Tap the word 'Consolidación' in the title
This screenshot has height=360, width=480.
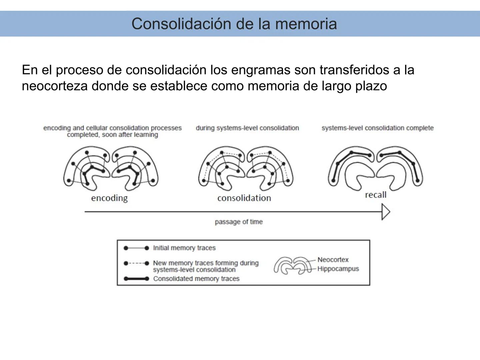coord(181,24)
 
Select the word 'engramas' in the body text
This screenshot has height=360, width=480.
coord(259,70)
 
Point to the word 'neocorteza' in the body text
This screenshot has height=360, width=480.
coord(54,86)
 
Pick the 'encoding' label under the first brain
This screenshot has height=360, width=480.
coord(109,198)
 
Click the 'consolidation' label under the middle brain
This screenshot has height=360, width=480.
coord(244,198)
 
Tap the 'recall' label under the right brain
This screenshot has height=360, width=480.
coord(376,195)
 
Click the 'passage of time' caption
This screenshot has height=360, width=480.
coord(239,222)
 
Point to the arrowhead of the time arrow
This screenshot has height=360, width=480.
coord(386,212)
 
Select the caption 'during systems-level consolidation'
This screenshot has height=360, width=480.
coord(247,128)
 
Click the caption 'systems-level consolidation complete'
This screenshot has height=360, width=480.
coord(377,128)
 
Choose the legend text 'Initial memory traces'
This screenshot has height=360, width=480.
coord(184,248)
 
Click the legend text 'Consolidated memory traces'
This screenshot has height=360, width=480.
coord(196,279)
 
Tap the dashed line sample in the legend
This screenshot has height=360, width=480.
coord(136,263)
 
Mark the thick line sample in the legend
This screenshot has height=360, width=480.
coord(136,279)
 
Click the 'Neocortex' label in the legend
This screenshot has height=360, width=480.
coord(333,260)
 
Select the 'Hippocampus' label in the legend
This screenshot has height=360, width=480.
coord(338,269)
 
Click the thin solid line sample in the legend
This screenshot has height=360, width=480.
coord(136,248)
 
